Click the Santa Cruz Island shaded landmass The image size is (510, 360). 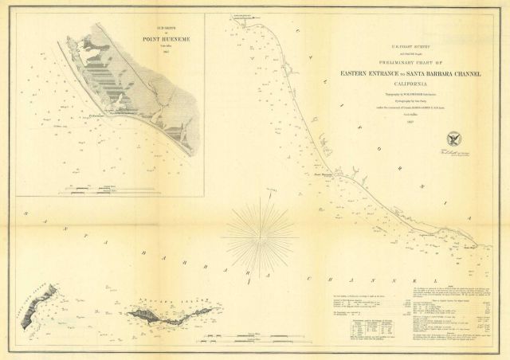point(32,313)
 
